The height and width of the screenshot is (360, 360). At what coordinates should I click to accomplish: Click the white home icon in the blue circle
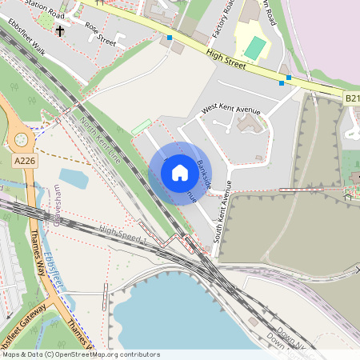(x=180, y=173)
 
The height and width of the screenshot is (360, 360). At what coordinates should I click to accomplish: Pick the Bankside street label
(x=204, y=174)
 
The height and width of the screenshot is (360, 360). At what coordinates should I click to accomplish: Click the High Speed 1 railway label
(x=124, y=234)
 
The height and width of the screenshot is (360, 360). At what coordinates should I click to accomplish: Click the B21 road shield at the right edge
(x=352, y=98)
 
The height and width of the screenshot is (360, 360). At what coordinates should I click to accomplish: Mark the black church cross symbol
(x=60, y=31)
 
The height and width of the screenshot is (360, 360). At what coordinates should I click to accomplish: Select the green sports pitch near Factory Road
(x=255, y=47)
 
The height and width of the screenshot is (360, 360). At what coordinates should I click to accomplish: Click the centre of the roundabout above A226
(x=19, y=138)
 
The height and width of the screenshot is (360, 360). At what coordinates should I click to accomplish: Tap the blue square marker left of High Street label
(x=170, y=38)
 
